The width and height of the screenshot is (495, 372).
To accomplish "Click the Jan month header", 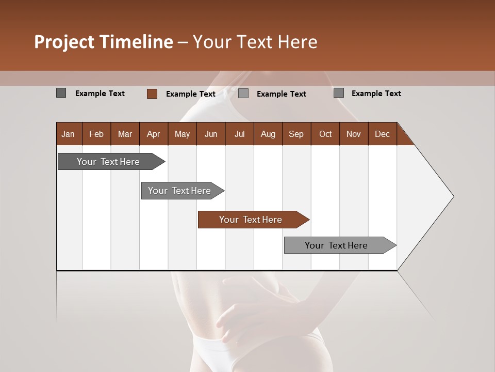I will pyautogui.click(x=69, y=134).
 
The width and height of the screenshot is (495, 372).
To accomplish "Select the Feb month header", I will pyautogui.click(x=96, y=134).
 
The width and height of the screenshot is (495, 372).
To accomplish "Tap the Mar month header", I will pyautogui.click(x=125, y=134).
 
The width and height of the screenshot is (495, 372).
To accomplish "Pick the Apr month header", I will pyautogui.click(x=154, y=134).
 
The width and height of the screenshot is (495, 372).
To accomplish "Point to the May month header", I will pyautogui.click(x=182, y=134).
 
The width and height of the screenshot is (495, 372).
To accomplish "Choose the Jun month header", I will pyautogui.click(x=211, y=134).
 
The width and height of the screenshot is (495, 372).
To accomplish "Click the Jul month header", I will pyautogui.click(x=239, y=134).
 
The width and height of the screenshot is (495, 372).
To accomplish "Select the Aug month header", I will pyautogui.click(x=268, y=134).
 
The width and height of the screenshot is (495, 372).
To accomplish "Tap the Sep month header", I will pyautogui.click(x=296, y=134).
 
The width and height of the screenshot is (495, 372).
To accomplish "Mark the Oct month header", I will pyautogui.click(x=325, y=134).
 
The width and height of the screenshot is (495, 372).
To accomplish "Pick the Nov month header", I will pyautogui.click(x=354, y=134).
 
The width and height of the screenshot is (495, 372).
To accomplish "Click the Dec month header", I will pyautogui.click(x=383, y=134).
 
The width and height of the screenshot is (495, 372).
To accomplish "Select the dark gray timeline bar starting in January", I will pyautogui.click(x=109, y=162).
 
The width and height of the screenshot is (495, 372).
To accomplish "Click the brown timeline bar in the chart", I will pyautogui.click(x=251, y=220).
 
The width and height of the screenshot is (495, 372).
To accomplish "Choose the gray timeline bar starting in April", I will pyautogui.click(x=180, y=191).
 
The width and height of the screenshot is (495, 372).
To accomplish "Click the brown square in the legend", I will pyautogui.click(x=152, y=94).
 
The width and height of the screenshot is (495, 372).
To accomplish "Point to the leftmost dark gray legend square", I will pyautogui.click(x=61, y=93).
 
